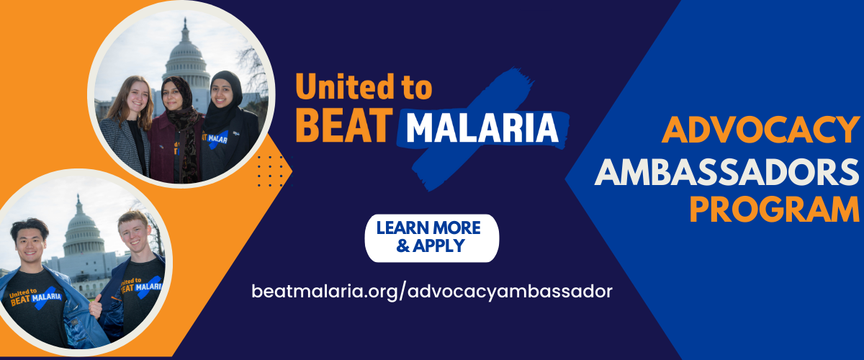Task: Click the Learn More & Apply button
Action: pyautogui.click(x=431, y=238)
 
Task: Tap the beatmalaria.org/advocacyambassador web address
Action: pyautogui.click(x=432, y=291)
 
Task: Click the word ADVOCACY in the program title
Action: pyautogui.click(x=760, y=130)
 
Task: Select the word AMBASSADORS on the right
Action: pyautogui.click(x=726, y=172)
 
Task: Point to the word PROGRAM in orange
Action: pyautogui.click(x=774, y=210)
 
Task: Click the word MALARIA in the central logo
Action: pyautogui.click(x=482, y=128)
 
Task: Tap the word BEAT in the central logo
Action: pyautogui.click(x=344, y=125)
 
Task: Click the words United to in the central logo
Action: pyautogui.click(x=364, y=87)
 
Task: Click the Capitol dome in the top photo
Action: pyautogui.click(x=186, y=58)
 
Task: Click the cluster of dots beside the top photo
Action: pyautogui.click(x=272, y=171)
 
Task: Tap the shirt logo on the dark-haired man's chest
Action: pyautogui.click(x=35, y=298)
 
